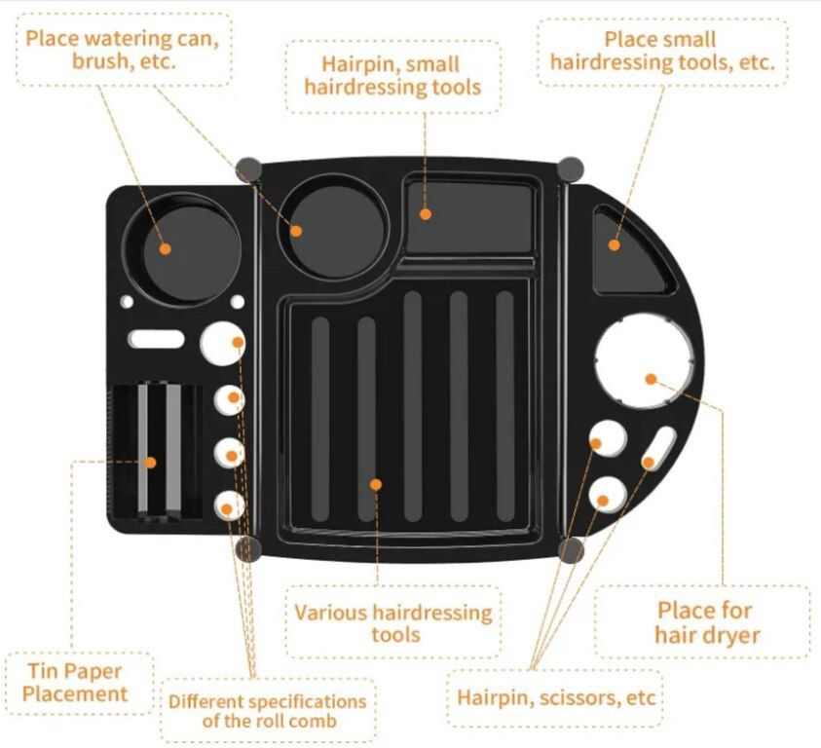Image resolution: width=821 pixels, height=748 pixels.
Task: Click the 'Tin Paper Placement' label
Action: coord(75,682)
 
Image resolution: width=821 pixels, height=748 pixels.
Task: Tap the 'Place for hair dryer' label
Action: coord(706,622)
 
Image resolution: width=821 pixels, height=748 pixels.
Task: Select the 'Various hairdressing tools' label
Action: coord(393,622)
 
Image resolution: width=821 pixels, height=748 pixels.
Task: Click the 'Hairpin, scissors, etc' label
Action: coord(556,697)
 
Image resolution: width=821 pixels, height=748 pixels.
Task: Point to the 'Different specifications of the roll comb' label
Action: coord(268,711)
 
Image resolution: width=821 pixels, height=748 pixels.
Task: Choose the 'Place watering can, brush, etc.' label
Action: coord(123,50)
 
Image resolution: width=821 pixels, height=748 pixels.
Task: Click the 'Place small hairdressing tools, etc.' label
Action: coord(662,51)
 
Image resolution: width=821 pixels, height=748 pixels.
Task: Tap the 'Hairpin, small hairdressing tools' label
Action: coord(392,75)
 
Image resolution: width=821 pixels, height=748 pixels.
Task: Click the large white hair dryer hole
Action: coord(644,361)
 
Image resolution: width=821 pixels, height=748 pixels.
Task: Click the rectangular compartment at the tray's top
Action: coord(469,217)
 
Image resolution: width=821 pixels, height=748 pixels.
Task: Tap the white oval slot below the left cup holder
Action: coord(157,339)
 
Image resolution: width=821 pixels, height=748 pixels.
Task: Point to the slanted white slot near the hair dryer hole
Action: coord(658,448)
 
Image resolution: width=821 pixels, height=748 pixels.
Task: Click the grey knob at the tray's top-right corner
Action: coord(570,169)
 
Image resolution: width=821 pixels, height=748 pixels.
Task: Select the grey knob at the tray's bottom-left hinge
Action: coord(248,548)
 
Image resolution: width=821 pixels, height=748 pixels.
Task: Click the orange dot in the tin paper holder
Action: coord(150,463)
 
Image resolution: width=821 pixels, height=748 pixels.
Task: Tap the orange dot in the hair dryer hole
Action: coord(651,379)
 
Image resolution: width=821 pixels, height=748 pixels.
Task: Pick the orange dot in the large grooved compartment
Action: coord(375,484)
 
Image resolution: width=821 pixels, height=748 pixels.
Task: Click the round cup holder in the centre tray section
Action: coord(334,227)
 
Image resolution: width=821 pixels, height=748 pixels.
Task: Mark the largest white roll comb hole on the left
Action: coord(222,343)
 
